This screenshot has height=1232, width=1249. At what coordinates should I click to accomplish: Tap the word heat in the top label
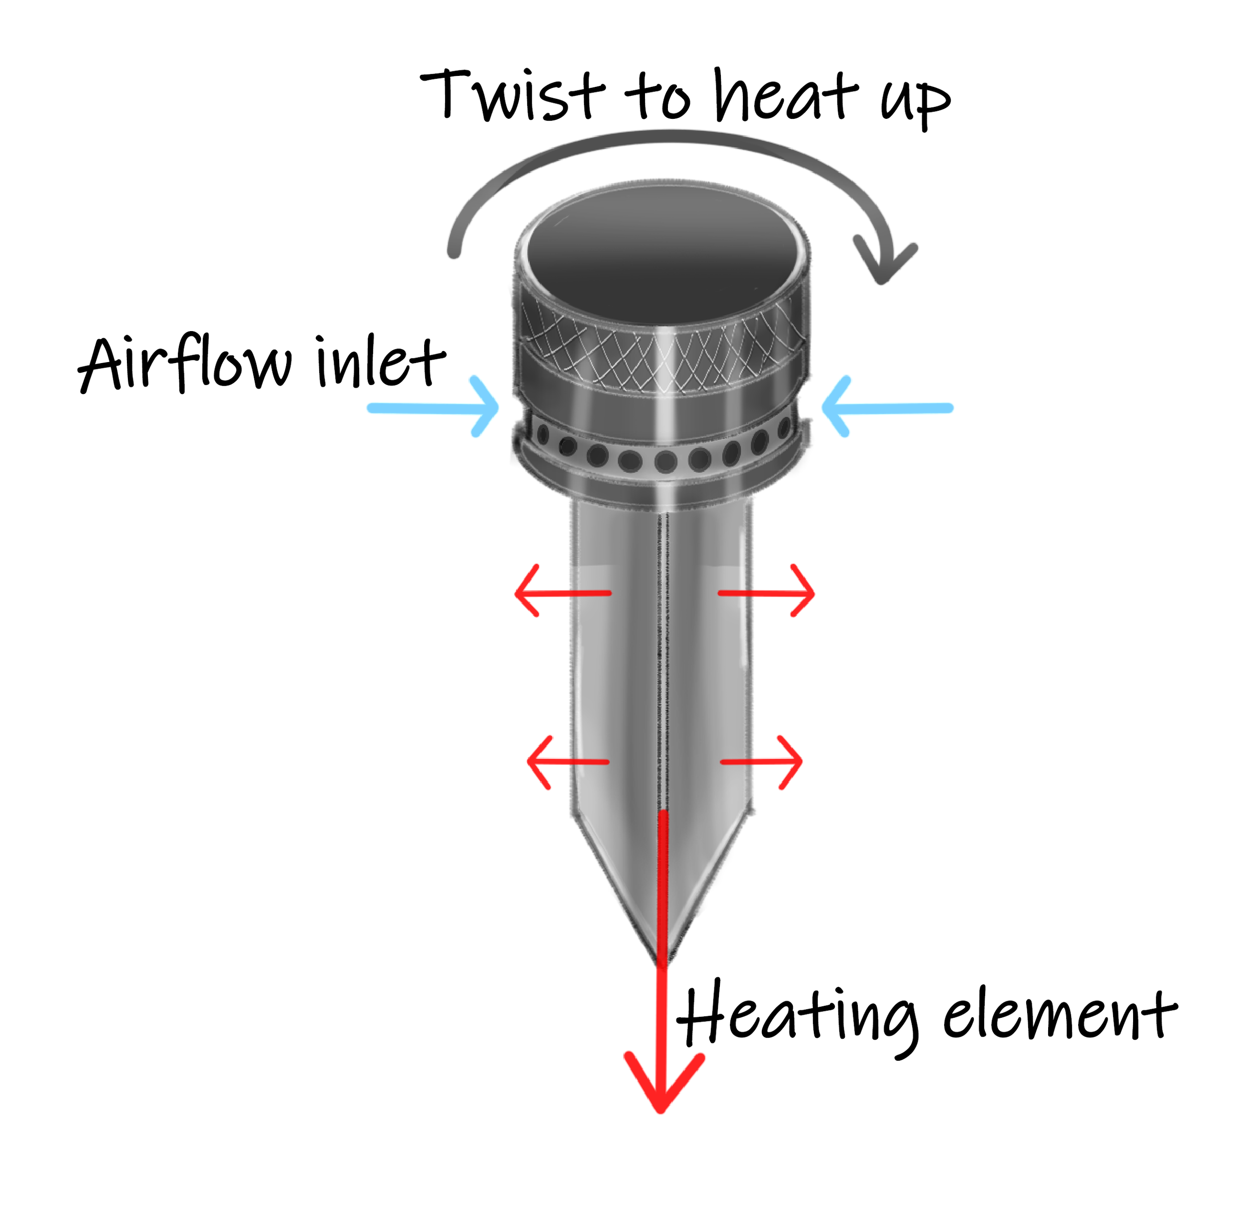pyautogui.click(x=785, y=97)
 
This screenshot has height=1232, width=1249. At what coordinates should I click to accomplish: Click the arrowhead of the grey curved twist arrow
pyautogui.click(x=884, y=262)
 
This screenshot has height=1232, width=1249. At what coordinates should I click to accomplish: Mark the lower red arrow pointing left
pyautogui.click(x=568, y=762)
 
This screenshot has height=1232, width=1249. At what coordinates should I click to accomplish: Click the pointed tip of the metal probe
pyautogui.click(x=662, y=957)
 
